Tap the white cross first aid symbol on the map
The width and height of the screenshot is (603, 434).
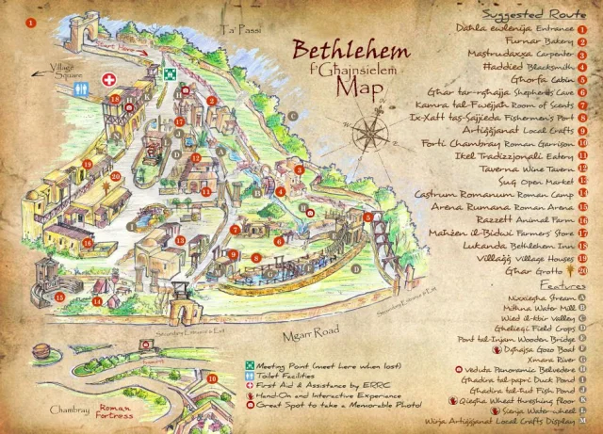[x=109, y=80]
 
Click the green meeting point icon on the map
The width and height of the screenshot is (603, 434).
[x=170, y=73]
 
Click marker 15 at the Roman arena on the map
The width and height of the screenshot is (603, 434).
[x=58, y=297]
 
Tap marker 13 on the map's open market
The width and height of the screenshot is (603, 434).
[x=178, y=240]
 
